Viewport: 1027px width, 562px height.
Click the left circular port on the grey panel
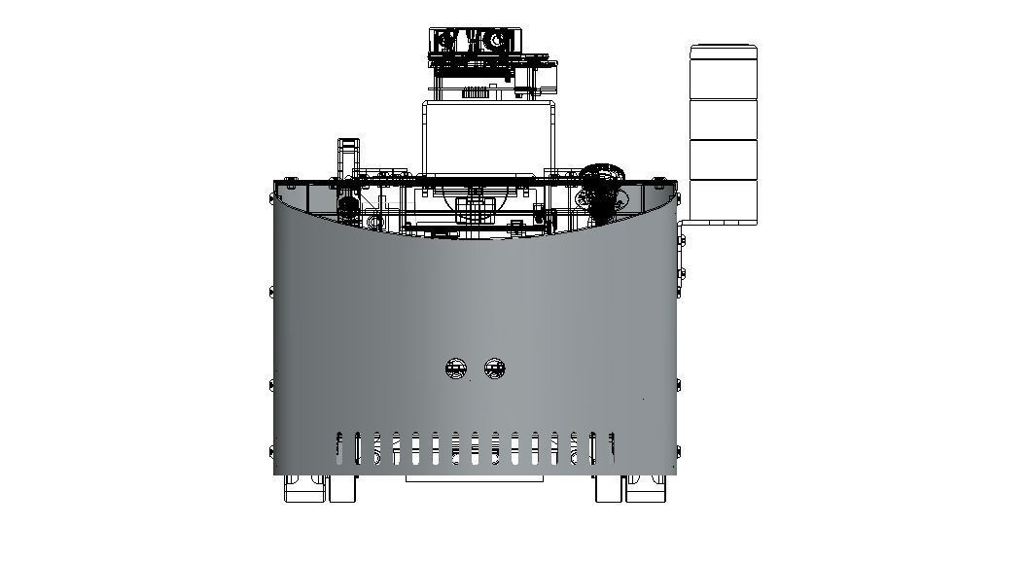coord(455,369)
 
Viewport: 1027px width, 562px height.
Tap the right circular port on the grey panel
coord(494,369)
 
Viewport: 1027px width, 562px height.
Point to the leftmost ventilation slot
coord(338,447)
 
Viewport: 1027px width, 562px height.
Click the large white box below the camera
coord(488,136)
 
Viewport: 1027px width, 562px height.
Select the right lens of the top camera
coord(496,41)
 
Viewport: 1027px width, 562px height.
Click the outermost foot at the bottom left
coord(301,488)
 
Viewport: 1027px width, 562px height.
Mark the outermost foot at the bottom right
coord(647,488)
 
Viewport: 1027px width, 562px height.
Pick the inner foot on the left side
coord(343,488)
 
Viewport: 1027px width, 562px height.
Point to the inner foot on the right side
coord(609,488)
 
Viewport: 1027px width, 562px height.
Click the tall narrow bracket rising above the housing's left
coord(348,159)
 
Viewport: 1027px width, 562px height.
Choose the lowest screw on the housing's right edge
coord(678,450)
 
